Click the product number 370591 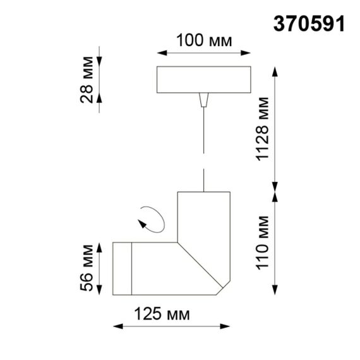pyautogui.click(x=309, y=23)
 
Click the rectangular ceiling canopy pyautogui.click(x=203, y=79)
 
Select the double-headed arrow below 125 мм pyautogui.click(x=171, y=327)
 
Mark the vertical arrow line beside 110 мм pyautogui.click(x=275, y=243)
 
